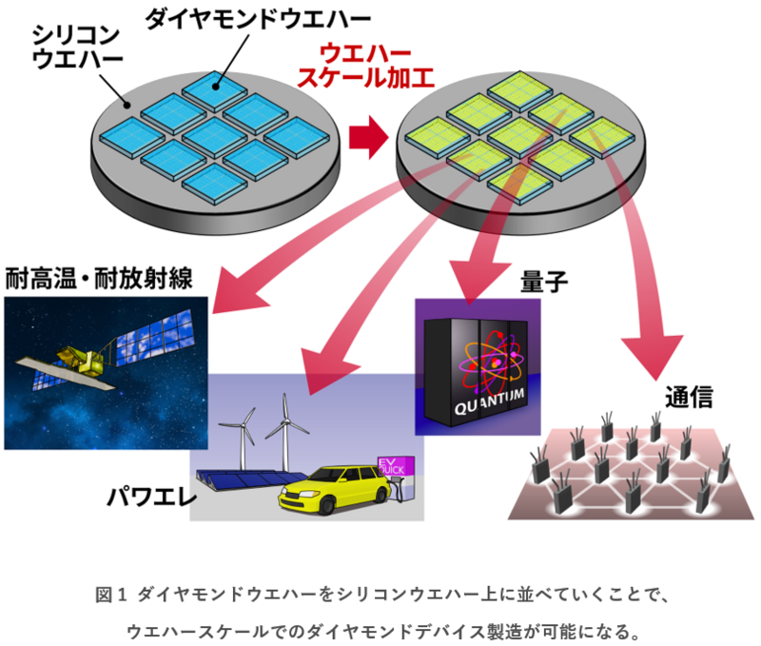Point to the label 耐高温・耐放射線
tap(99, 279)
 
